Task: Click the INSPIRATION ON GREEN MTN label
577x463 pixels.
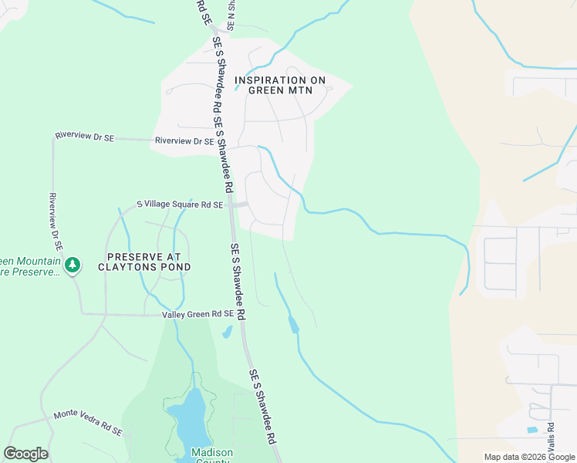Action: [x=280, y=85]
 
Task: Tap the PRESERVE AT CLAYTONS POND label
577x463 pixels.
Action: [x=144, y=262]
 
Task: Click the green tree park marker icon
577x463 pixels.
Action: [x=73, y=265]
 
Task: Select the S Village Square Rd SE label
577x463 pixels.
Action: [x=180, y=204]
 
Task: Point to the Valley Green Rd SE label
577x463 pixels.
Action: [x=197, y=314]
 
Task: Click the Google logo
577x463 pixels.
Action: [x=25, y=454]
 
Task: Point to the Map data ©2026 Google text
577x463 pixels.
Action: [x=528, y=457]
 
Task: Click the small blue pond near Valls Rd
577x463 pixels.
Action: [x=531, y=430]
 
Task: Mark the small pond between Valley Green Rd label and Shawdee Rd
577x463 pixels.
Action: [x=227, y=333]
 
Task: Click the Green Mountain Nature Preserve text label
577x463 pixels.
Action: [x=31, y=266]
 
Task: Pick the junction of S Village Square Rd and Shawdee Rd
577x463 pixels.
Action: [x=232, y=204]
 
